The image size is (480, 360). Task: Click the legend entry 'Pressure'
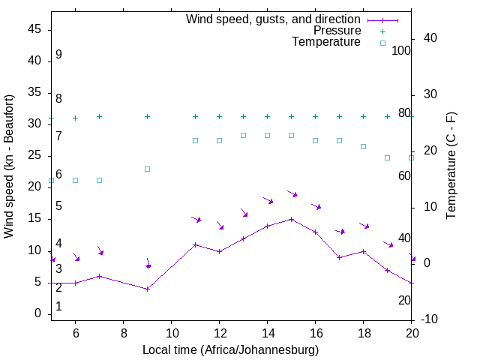point(337,31)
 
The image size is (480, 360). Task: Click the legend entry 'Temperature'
point(326,42)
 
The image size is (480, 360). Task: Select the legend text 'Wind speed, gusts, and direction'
point(274,19)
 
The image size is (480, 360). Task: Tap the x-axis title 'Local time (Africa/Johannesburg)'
point(231,350)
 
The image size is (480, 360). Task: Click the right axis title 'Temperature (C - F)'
point(451,166)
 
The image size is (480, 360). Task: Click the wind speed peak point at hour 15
point(292,219)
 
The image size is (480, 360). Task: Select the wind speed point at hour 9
point(148,289)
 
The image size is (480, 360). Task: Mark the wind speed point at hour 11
point(196,244)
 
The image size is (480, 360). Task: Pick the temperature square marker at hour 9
point(148,169)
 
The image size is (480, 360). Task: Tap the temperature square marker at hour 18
point(364,146)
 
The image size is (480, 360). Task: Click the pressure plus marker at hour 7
point(99,117)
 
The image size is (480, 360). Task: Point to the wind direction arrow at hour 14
point(268,200)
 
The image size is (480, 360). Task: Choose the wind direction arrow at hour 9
point(148,263)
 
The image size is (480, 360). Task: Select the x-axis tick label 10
point(171,332)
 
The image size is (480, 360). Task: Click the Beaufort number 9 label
point(58,55)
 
